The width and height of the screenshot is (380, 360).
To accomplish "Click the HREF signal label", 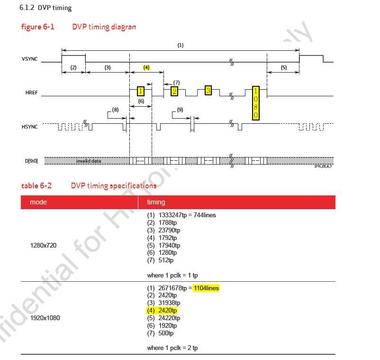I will (x=31, y=93).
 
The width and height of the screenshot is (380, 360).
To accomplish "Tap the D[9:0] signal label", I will (x=31, y=161).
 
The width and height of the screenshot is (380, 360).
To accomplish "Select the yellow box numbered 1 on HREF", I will (x=141, y=91).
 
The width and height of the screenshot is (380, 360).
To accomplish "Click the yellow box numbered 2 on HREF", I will (x=174, y=91).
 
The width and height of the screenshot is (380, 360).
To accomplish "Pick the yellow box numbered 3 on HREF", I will (x=208, y=90).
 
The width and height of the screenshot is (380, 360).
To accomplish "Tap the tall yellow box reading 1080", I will (x=256, y=103).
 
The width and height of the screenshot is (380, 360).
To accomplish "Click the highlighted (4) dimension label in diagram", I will (x=146, y=68).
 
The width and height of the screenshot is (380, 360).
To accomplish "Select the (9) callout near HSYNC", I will (x=180, y=110).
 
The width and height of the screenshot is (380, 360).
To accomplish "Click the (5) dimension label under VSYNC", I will (x=283, y=68).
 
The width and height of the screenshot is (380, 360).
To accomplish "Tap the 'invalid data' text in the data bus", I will (x=89, y=161).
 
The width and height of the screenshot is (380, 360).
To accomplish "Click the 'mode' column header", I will (x=38, y=202).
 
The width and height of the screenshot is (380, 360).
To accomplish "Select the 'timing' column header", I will (x=156, y=202).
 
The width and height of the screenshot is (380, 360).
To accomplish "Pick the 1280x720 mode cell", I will (x=43, y=245).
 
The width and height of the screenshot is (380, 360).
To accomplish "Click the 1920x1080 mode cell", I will (x=45, y=318).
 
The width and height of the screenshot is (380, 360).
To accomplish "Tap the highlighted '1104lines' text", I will (x=207, y=288).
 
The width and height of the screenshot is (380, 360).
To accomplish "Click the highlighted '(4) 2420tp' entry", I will (x=162, y=310).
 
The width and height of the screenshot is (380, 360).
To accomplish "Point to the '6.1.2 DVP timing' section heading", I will (x=45, y=8).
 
